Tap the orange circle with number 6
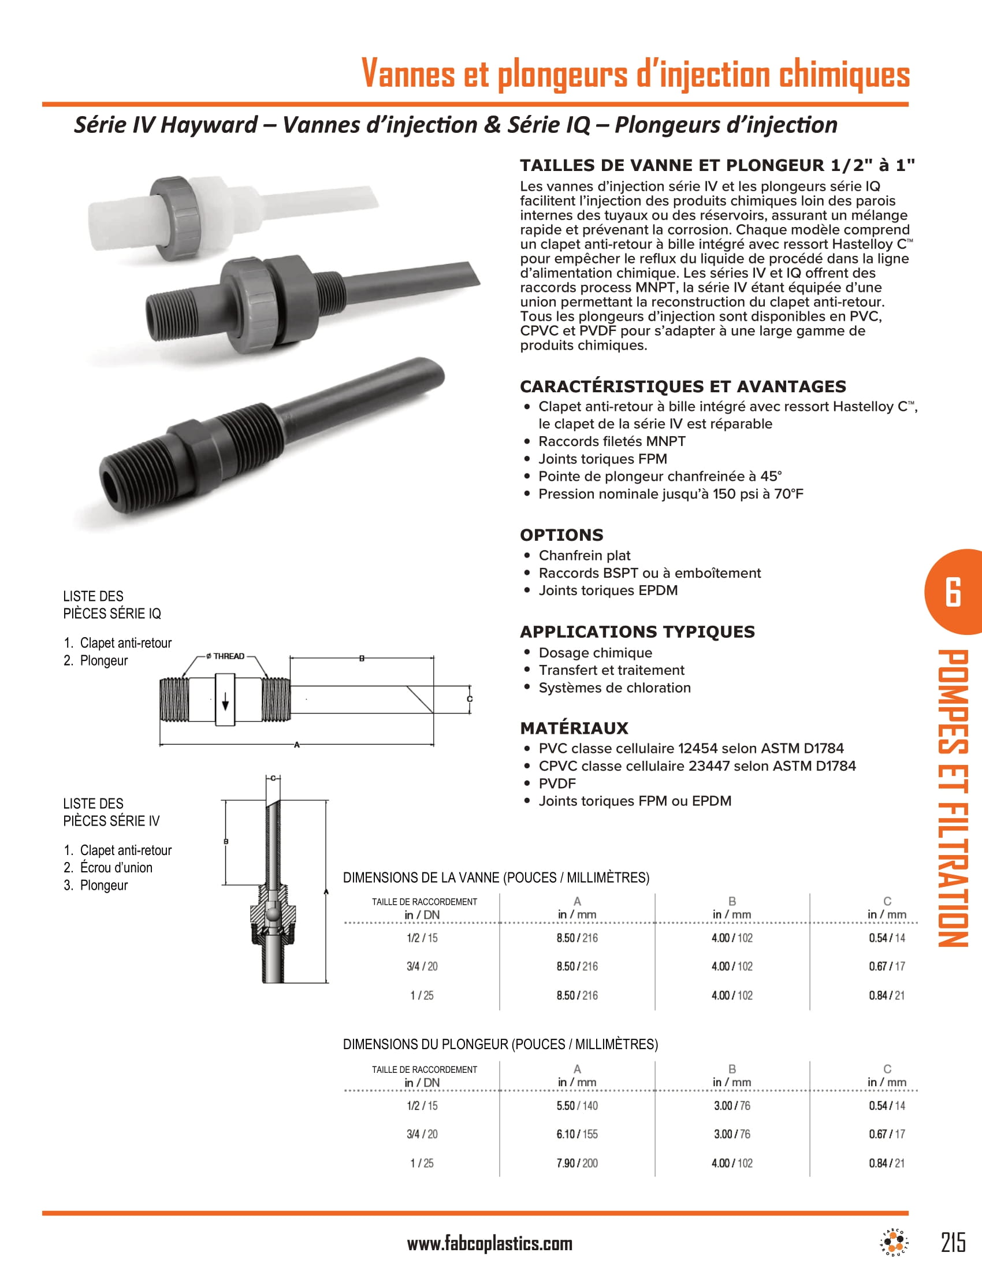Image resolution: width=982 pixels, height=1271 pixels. pos(954,592)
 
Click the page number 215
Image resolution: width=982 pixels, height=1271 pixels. pos(953,1242)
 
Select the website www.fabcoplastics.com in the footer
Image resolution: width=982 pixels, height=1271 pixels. pos(489,1244)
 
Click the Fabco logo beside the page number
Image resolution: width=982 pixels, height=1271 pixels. pos(894,1242)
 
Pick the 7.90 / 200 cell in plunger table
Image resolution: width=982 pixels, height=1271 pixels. pos(576,1163)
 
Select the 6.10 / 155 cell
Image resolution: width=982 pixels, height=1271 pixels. pos(576,1134)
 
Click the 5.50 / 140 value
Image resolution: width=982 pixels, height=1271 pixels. pos(576,1105)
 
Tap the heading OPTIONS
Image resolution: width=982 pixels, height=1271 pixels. pos(561,535)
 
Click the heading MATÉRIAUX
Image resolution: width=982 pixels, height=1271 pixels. pos(574,728)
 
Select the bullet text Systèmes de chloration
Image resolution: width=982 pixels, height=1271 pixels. pos(615,687)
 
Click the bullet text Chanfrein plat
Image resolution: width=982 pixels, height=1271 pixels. pos(584,555)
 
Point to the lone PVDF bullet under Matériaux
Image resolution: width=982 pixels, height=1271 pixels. pos(557,783)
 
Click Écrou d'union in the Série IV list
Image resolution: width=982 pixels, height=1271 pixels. pos(116,867)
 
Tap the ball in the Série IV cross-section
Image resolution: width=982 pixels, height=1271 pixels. pos(271,915)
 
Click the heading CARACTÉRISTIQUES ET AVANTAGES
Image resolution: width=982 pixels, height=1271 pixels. pos(682,386)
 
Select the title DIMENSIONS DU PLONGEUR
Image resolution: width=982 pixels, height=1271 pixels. pos(500,1044)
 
